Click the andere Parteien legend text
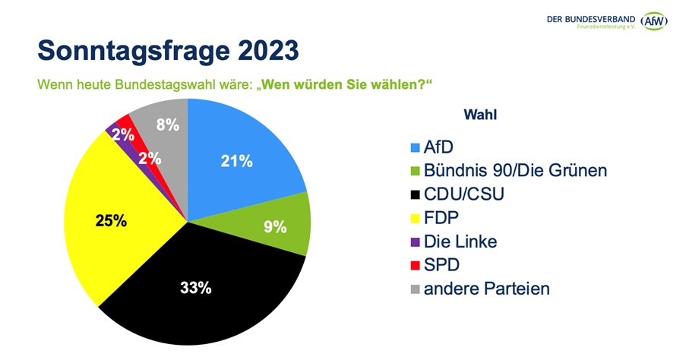[x=486, y=289]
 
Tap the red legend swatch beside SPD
[x=415, y=266]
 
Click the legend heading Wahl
[x=479, y=115]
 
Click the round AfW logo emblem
[x=653, y=21]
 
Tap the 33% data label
[x=195, y=289]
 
